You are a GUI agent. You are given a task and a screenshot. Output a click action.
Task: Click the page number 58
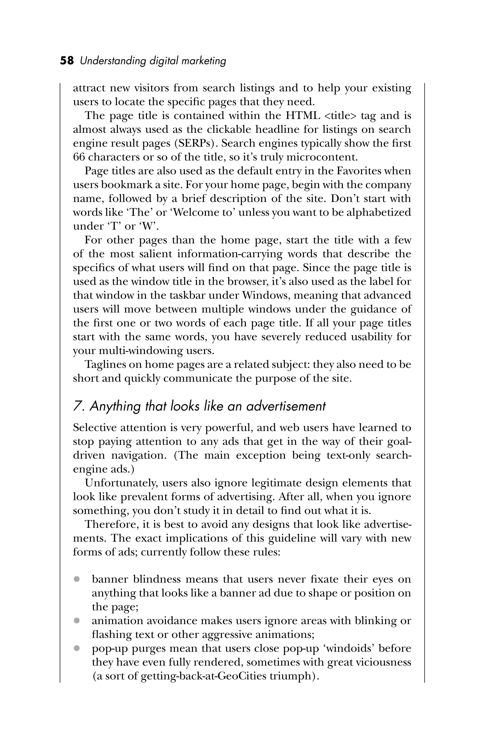[x=67, y=60]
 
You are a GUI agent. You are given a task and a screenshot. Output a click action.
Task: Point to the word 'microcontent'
[x=321, y=157]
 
